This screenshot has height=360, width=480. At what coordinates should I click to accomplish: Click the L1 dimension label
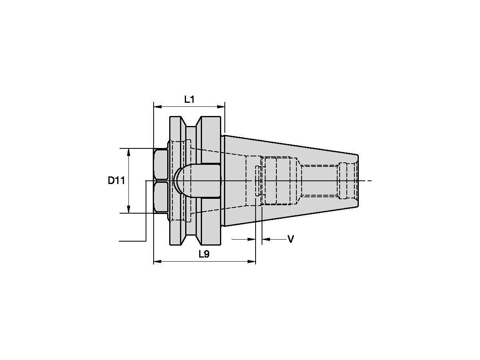(x=189, y=100)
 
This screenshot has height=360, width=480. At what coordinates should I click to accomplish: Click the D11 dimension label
(x=116, y=181)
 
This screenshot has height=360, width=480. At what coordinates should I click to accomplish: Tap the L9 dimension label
(x=204, y=254)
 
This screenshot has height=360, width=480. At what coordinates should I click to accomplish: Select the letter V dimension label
(x=291, y=239)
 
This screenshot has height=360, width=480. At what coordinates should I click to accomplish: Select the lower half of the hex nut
(x=160, y=198)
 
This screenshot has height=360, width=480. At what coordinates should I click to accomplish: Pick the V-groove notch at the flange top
(x=192, y=122)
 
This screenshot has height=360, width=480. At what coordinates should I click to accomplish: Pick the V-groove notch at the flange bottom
(x=192, y=240)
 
